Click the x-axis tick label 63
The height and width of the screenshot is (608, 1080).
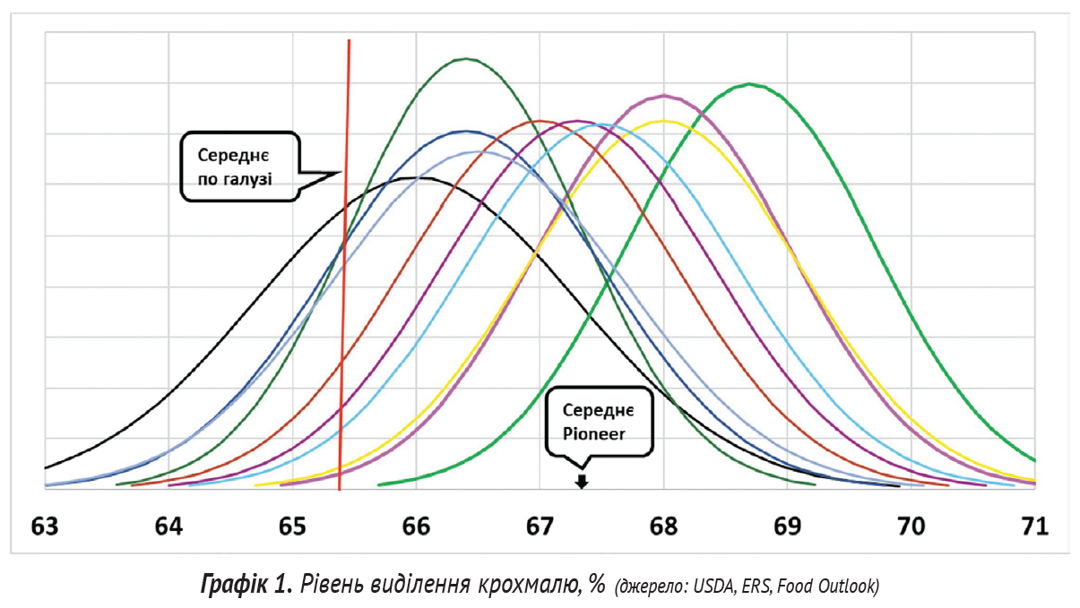click(x=45, y=526)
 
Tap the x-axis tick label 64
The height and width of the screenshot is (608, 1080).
click(x=168, y=526)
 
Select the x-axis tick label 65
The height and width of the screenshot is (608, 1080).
click(x=292, y=526)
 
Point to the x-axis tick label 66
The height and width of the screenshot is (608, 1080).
click(x=416, y=526)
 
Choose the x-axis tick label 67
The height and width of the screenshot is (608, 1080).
click(x=540, y=526)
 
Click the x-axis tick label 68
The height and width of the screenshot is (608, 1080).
click(x=663, y=526)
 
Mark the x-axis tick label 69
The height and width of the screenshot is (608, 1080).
click(x=787, y=526)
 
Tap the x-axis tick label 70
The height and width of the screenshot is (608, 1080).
click(x=911, y=526)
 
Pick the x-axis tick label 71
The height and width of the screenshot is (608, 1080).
click(x=1034, y=526)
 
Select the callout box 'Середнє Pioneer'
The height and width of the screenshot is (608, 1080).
click(x=599, y=421)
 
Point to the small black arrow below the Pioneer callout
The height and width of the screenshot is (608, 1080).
click(x=582, y=482)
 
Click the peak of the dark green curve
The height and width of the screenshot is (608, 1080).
click(x=466, y=59)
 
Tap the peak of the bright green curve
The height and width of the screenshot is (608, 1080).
click(x=749, y=84)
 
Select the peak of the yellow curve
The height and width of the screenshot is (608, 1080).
click(x=663, y=120)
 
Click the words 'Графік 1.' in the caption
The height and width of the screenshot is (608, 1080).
click(x=246, y=586)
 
